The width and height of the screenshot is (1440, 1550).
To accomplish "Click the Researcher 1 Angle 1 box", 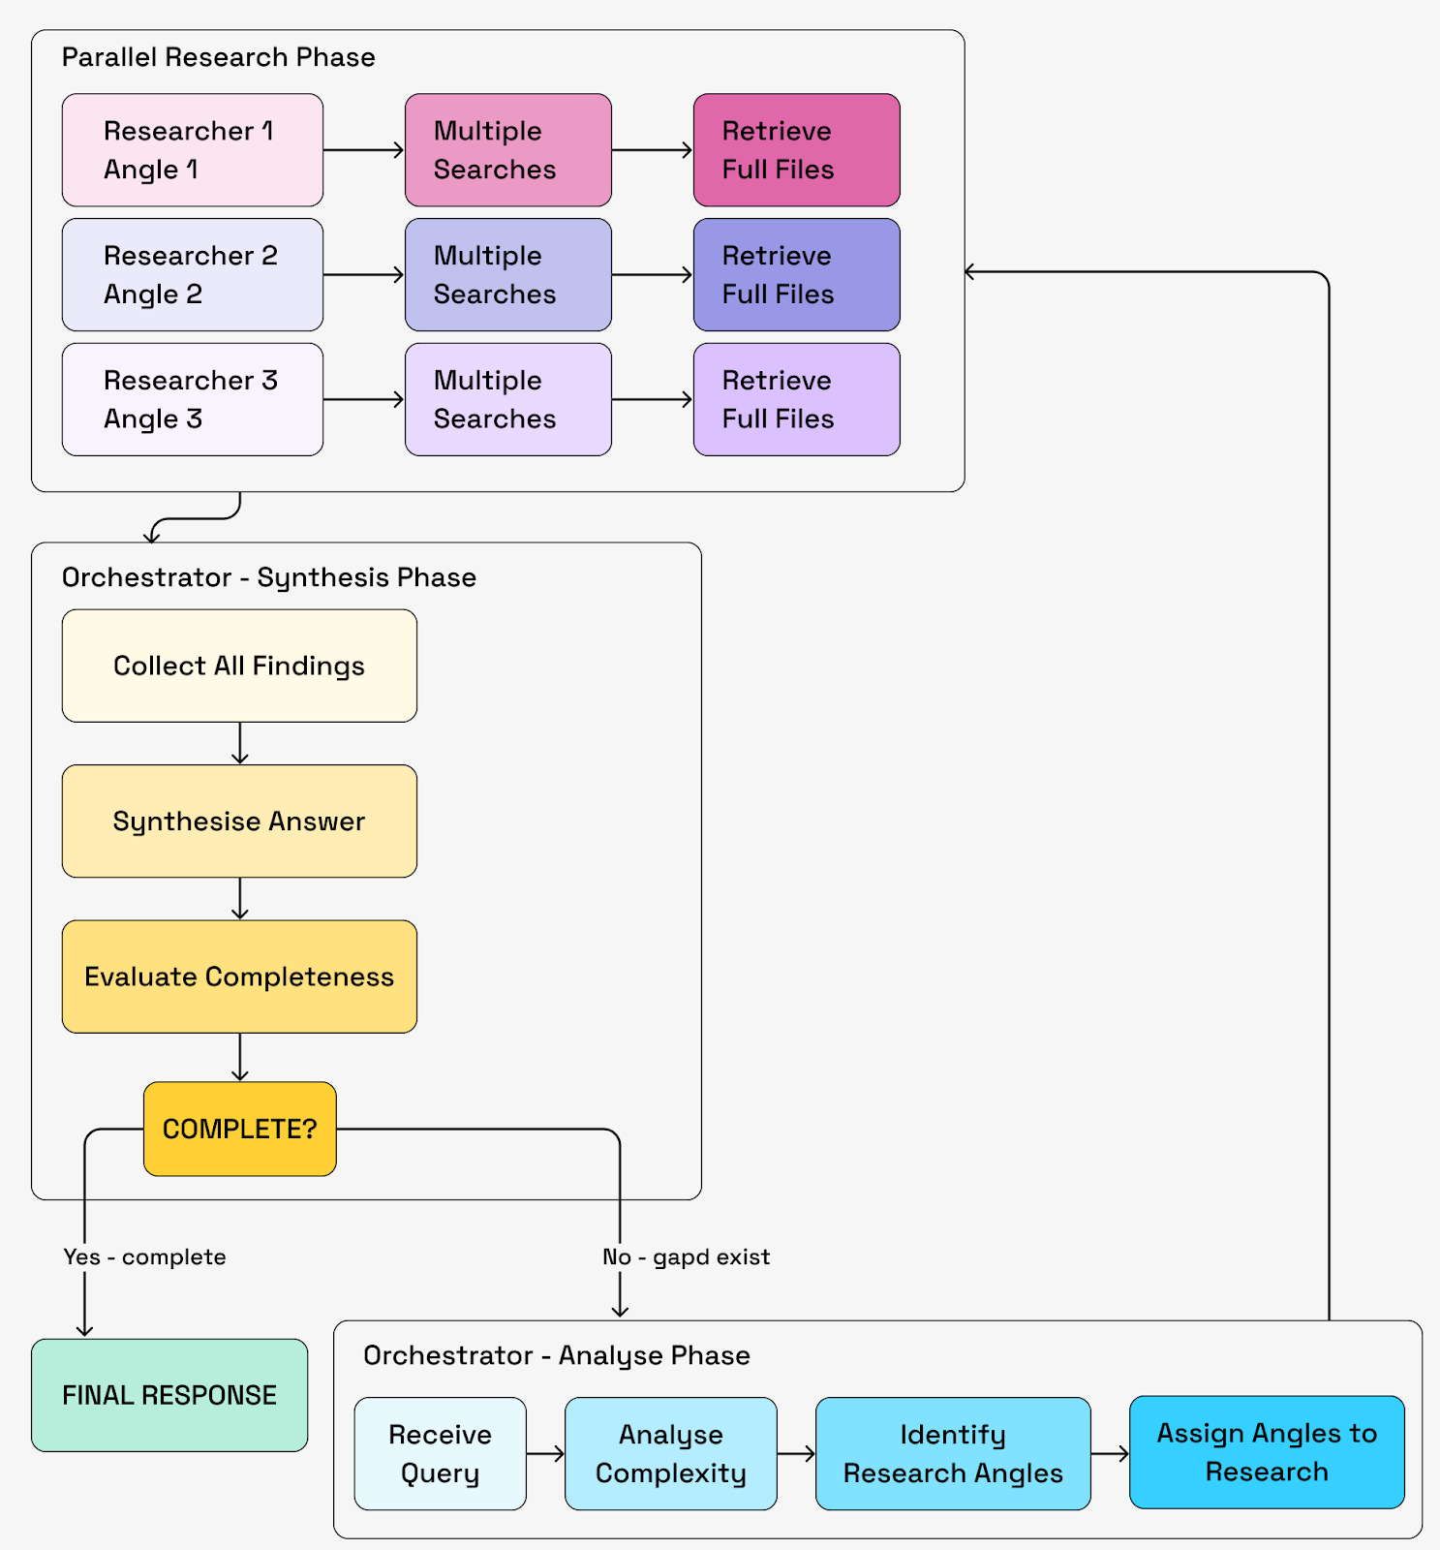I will pos(192,150).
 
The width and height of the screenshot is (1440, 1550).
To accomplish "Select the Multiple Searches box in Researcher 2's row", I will pos(507,275).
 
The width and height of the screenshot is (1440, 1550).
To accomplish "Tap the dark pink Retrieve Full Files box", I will pos(796,150).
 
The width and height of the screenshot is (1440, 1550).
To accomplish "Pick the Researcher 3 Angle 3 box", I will pos(192,399).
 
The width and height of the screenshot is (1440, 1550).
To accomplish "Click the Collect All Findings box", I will pos(239,666).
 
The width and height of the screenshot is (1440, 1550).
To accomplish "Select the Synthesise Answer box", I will pos(239,821).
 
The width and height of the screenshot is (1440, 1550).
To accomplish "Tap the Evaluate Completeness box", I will pos(239,976).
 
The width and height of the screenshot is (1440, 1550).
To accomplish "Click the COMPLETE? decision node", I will pos(239,1129).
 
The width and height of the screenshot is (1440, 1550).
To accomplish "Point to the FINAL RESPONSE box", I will pos(169,1395).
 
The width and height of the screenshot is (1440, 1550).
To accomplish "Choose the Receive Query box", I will pos(440,1453).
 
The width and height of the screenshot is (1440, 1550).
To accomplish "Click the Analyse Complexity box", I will pos(670,1453).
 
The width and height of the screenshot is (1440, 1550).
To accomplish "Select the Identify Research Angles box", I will pos(953,1453).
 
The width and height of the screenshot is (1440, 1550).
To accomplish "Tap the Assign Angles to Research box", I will pos(1267,1452).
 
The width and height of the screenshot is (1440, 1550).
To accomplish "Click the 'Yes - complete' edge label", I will pos(144,1256).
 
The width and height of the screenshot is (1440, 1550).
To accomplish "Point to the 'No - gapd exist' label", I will pos(686,1256).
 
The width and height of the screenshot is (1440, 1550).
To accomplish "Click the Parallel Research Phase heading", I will pos(218,57).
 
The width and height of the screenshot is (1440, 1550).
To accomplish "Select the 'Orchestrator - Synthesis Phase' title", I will pos(269,577).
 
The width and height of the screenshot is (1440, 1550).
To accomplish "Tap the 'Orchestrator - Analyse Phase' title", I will pos(556,1355).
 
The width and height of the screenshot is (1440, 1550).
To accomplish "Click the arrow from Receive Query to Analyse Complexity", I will pos(545,1453).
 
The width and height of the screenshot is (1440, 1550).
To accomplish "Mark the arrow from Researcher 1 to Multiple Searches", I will pos(363,150).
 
